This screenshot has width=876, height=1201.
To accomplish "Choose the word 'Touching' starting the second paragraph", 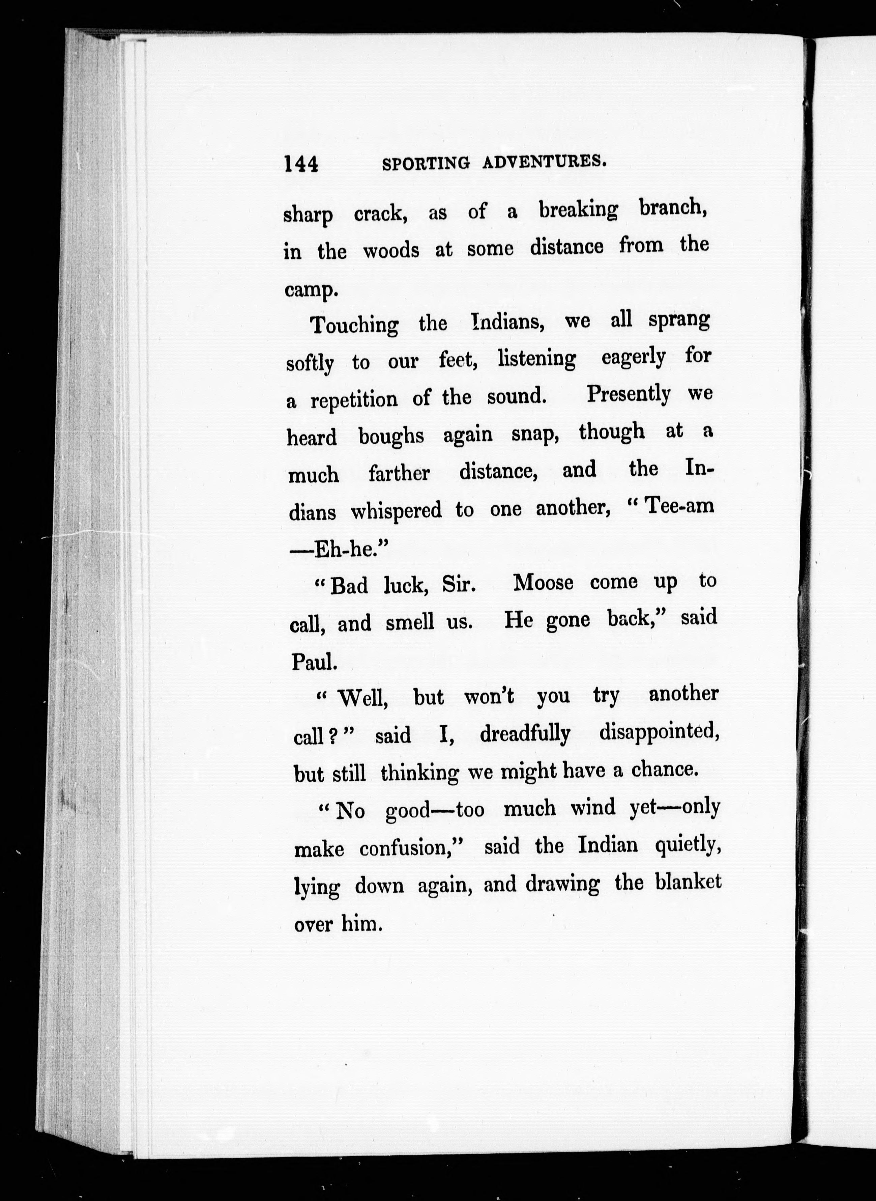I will coord(354,325).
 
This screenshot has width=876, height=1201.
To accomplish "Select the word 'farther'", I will coord(399,473).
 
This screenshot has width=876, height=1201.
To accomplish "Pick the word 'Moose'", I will coord(544,583).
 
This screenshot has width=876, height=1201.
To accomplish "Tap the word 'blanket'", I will coord(688,883).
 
